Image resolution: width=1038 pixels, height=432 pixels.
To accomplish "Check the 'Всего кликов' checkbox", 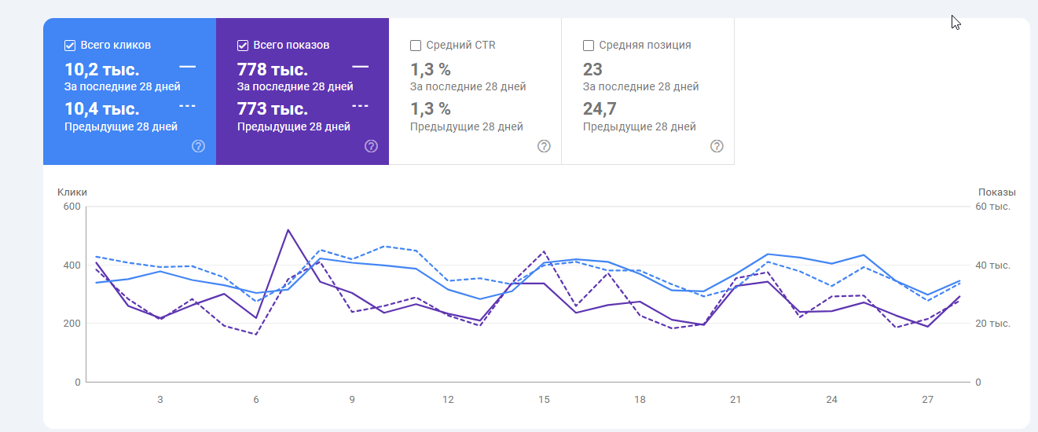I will click(70, 46).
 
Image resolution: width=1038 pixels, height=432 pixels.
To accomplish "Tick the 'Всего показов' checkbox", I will click(243, 46).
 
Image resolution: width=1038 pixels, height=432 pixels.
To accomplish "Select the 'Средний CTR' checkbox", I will click(416, 46).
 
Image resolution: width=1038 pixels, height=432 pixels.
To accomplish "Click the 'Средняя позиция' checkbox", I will click(589, 46).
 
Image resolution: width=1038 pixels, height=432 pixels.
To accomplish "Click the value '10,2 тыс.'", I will click(101, 69).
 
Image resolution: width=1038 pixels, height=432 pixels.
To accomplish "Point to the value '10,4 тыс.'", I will click(101, 108).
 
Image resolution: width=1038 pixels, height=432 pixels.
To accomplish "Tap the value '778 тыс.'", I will click(272, 69).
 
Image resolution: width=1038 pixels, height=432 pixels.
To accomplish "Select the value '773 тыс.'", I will click(272, 108).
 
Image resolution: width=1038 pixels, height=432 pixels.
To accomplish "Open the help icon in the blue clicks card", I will click(198, 146).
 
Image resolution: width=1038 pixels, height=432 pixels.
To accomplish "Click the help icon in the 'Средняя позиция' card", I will click(717, 146).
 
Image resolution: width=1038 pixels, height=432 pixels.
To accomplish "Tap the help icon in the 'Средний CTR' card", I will click(544, 146).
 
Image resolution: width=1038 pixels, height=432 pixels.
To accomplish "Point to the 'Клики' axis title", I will click(72, 192).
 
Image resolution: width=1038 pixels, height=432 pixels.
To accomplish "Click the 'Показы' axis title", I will click(996, 192).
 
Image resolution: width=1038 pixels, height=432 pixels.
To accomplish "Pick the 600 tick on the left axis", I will click(72, 207).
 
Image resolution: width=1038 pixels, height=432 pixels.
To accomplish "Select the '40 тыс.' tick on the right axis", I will click(993, 265).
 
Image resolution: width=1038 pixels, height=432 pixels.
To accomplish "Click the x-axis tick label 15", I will click(544, 400).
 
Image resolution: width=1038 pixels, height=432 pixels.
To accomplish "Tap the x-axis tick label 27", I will click(927, 400).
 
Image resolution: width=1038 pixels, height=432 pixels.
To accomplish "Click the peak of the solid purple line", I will click(288, 229).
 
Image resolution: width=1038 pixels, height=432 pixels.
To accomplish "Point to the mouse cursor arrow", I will click(955, 22).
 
